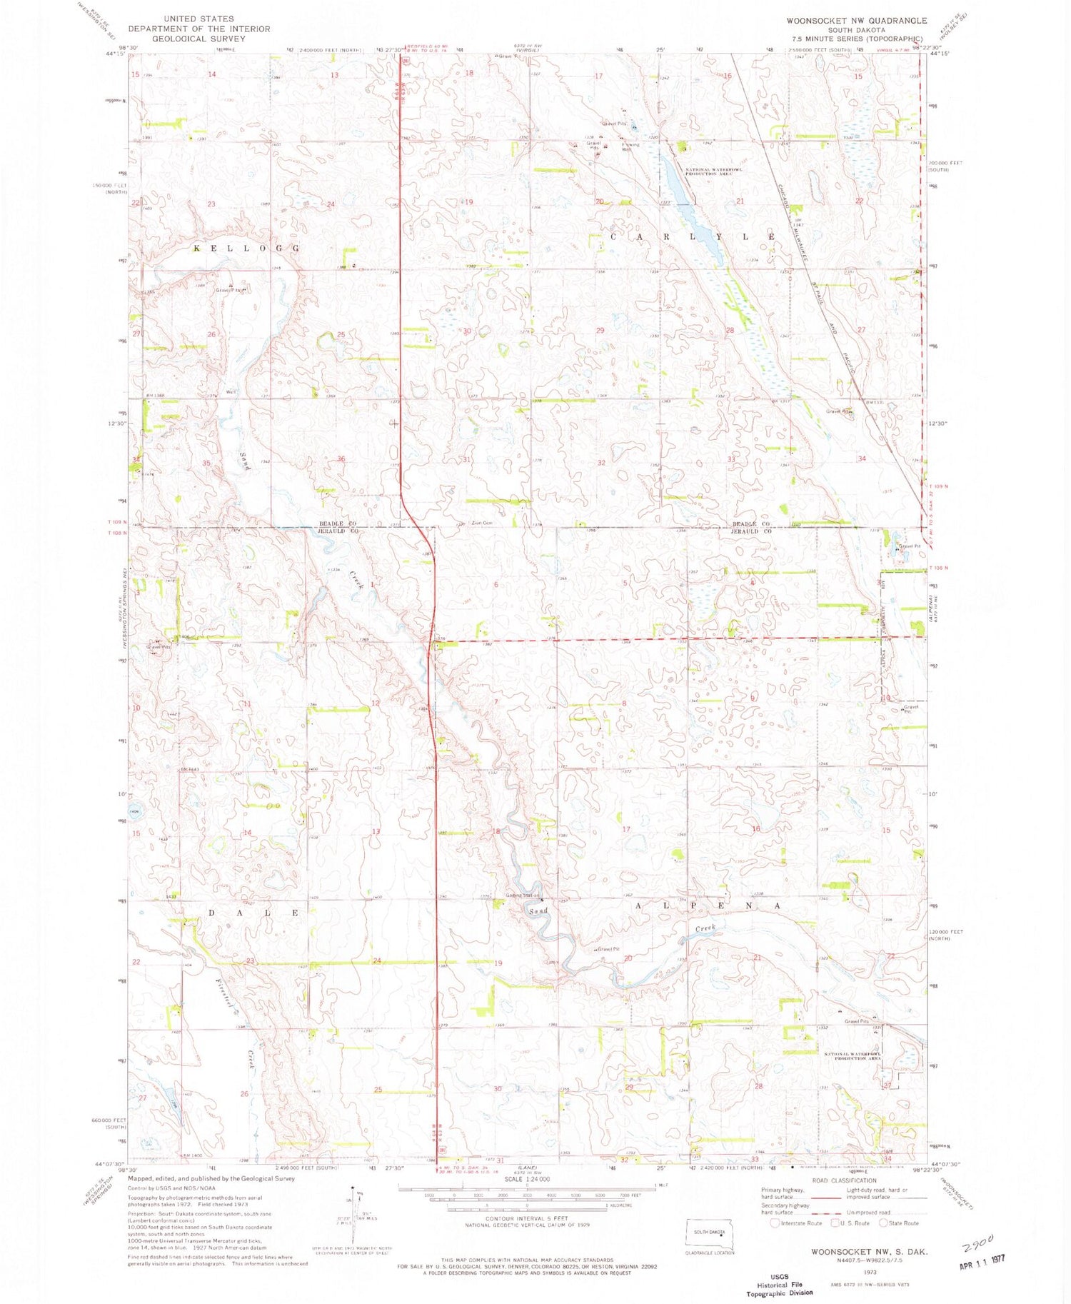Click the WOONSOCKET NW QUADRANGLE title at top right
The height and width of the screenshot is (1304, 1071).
[856, 21]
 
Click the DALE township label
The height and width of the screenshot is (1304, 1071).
[253, 913]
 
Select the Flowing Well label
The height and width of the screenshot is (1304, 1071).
[628, 146]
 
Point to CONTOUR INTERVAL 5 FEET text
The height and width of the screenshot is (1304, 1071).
[526, 1218]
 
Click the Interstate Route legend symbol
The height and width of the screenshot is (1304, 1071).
[775, 1223]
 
